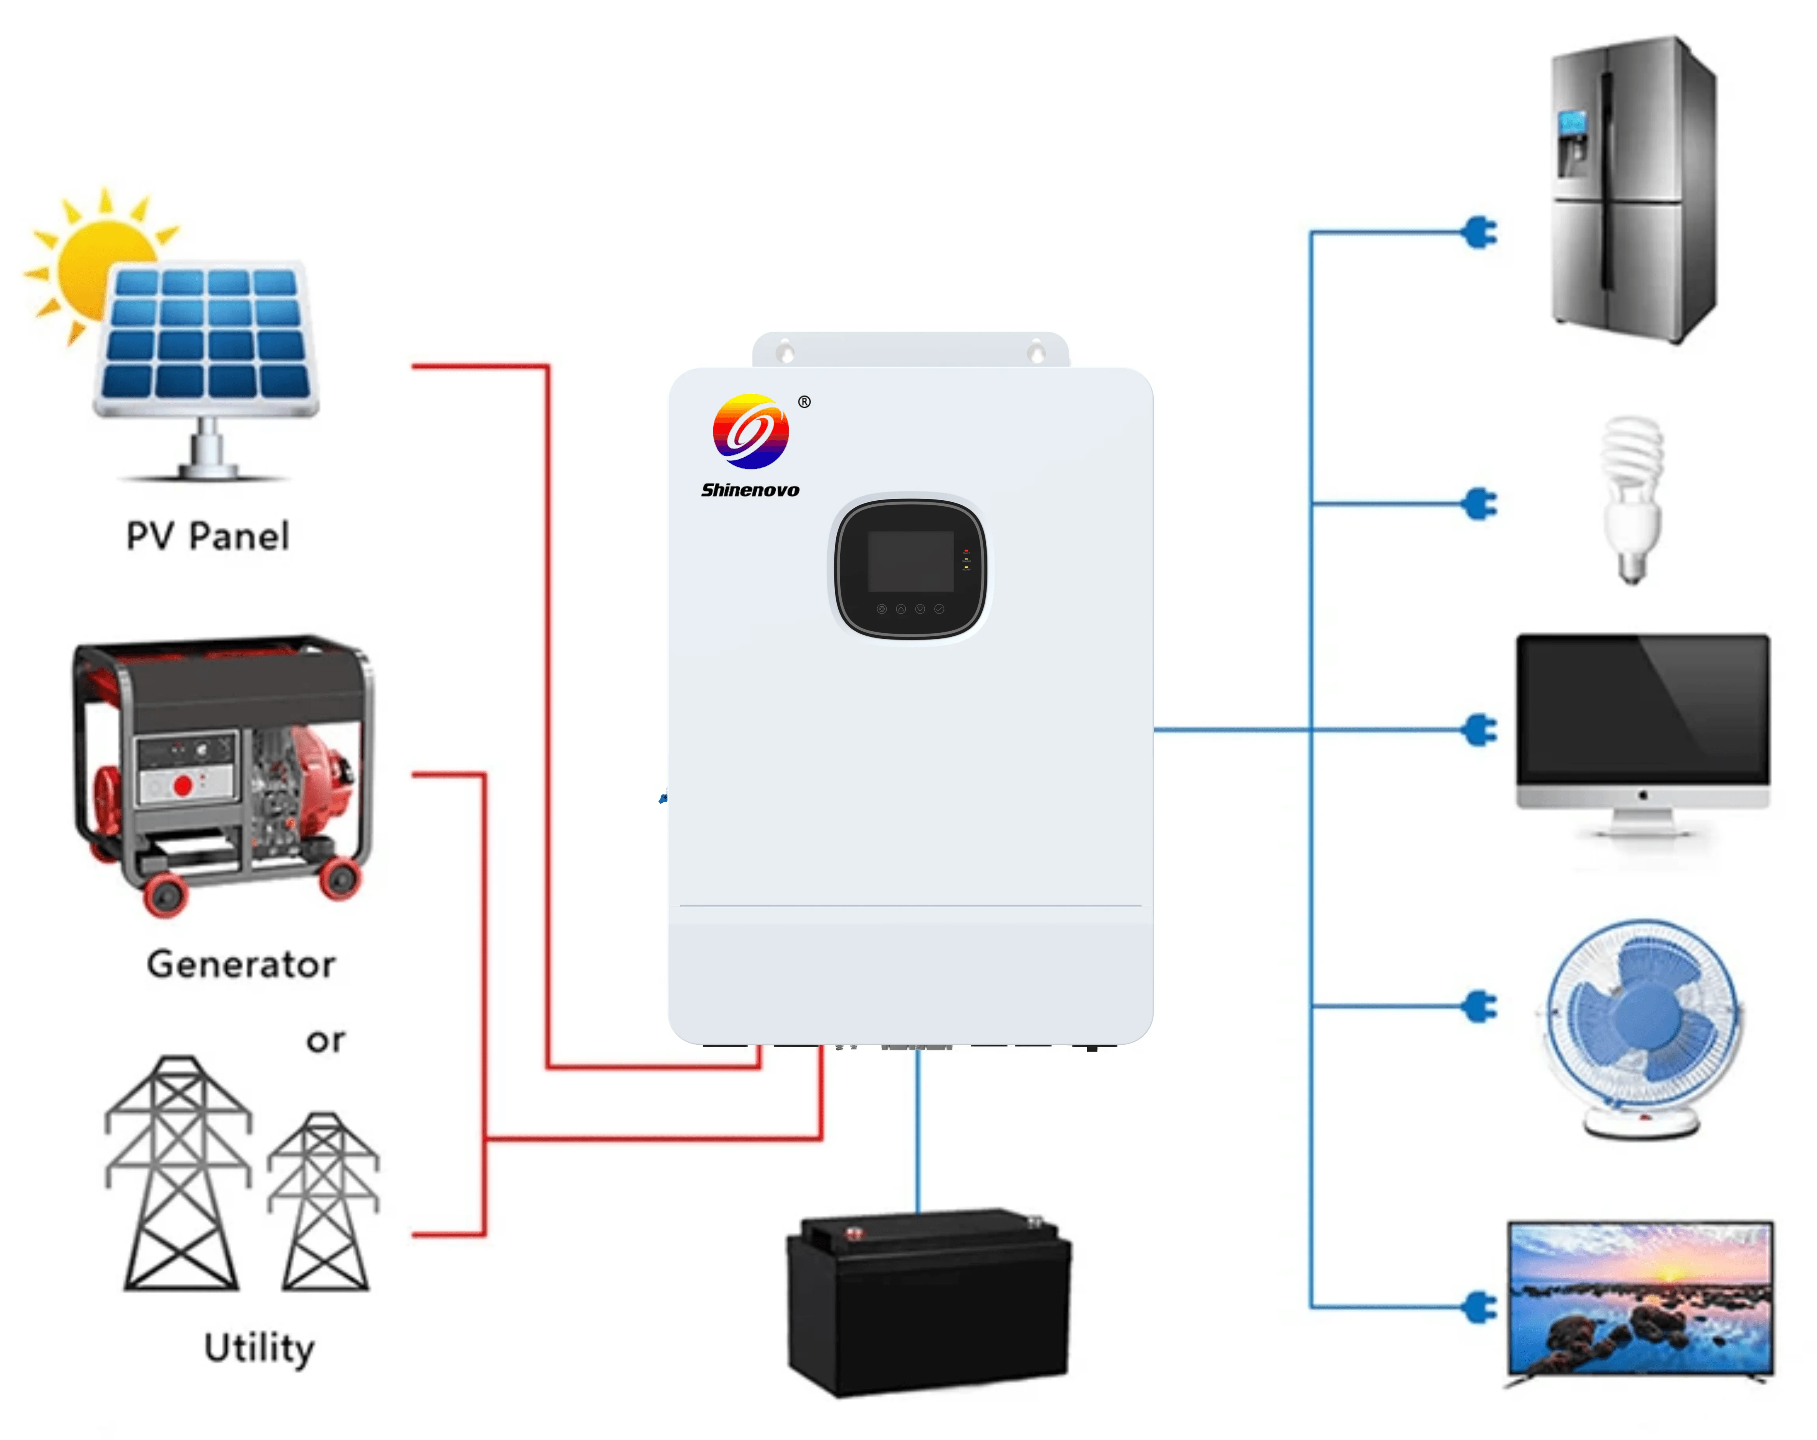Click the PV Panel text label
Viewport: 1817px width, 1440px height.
[207, 536]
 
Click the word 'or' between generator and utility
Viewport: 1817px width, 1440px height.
[325, 1041]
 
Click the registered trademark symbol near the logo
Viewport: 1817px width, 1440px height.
[804, 402]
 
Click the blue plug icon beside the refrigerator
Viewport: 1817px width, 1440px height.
[1480, 232]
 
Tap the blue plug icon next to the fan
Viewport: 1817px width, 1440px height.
[1480, 1006]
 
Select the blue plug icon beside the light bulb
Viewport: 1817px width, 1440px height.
[1480, 504]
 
